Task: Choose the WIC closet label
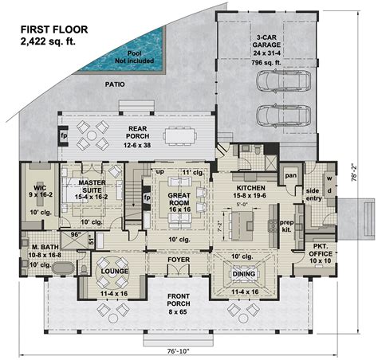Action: tap(37, 188)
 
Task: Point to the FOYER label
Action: tap(177, 260)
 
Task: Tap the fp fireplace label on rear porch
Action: tap(63, 135)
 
